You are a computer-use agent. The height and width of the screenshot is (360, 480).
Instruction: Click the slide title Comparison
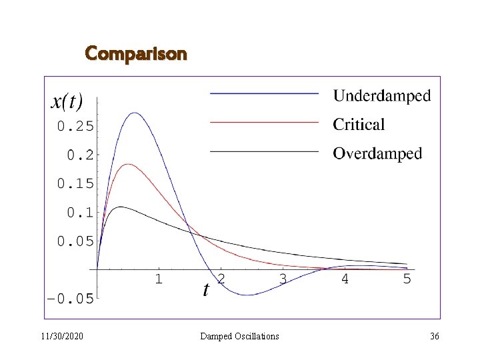[x=136, y=53]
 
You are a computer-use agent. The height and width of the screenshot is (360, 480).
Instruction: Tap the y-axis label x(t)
[x=67, y=101]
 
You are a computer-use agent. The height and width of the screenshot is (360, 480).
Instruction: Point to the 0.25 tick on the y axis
[x=75, y=125]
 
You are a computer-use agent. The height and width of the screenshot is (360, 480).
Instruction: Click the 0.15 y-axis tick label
[x=75, y=183]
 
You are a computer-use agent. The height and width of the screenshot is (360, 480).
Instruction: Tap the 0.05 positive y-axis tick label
[x=75, y=241]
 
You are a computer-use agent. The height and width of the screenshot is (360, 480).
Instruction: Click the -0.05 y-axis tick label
[x=70, y=299]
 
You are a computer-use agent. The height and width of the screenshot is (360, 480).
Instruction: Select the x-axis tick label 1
[x=159, y=279]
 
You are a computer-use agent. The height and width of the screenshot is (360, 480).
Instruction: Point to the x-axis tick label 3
[x=283, y=279]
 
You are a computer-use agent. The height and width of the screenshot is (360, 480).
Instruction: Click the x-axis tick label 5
[x=407, y=279]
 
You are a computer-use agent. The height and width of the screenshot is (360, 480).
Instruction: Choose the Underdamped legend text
[x=382, y=96]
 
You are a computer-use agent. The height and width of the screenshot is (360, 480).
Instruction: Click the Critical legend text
[x=359, y=125]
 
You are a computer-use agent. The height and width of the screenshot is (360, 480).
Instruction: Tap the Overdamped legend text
[x=377, y=153]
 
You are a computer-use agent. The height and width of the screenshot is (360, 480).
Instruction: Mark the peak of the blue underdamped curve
[x=135, y=113]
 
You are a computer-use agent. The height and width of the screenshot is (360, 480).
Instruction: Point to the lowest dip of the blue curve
[x=247, y=295]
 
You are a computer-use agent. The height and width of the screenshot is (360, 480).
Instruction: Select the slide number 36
[x=435, y=337]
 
